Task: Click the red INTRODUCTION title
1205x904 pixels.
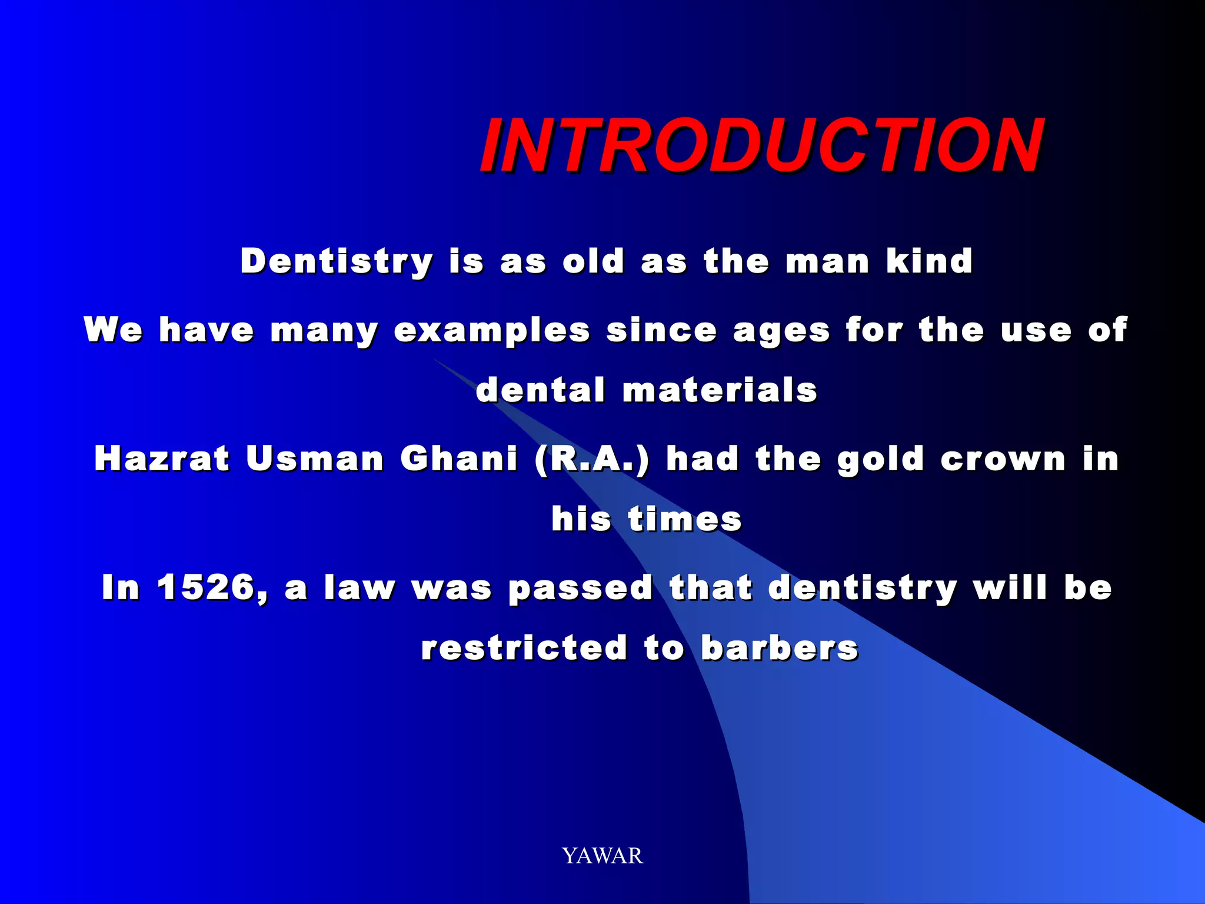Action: click(761, 145)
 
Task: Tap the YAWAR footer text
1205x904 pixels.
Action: click(602, 856)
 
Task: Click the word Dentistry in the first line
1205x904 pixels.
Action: click(337, 261)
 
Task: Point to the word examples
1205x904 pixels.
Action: click(492, 330)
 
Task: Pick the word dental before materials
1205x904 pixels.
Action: click(540, 390)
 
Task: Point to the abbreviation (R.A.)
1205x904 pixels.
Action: click(592, 459)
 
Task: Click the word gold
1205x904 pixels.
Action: click(880, 460)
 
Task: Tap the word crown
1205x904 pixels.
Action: click(1003, 459)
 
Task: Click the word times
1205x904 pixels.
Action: click(685, 519)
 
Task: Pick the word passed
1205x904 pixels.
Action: click(581, 589)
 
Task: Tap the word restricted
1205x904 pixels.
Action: click(524, 648)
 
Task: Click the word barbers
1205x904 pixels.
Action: click(780, 648)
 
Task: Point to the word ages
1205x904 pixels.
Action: click(781, 331)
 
